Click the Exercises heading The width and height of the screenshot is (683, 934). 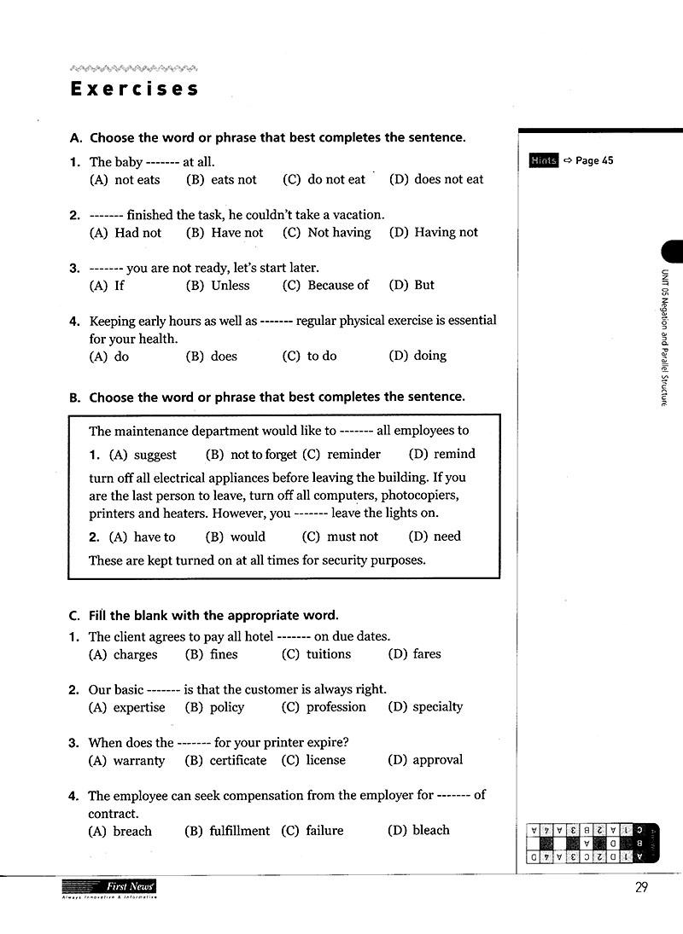(135, 89)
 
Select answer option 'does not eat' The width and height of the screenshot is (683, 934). (436, 180)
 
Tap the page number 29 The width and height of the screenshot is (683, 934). (642, 889)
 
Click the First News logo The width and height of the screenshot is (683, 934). (109, 889)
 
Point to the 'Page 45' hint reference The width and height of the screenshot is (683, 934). (594, 161)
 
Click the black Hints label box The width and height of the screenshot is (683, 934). (543, 161)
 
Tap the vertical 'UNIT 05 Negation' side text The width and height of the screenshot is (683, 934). (663, 337)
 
